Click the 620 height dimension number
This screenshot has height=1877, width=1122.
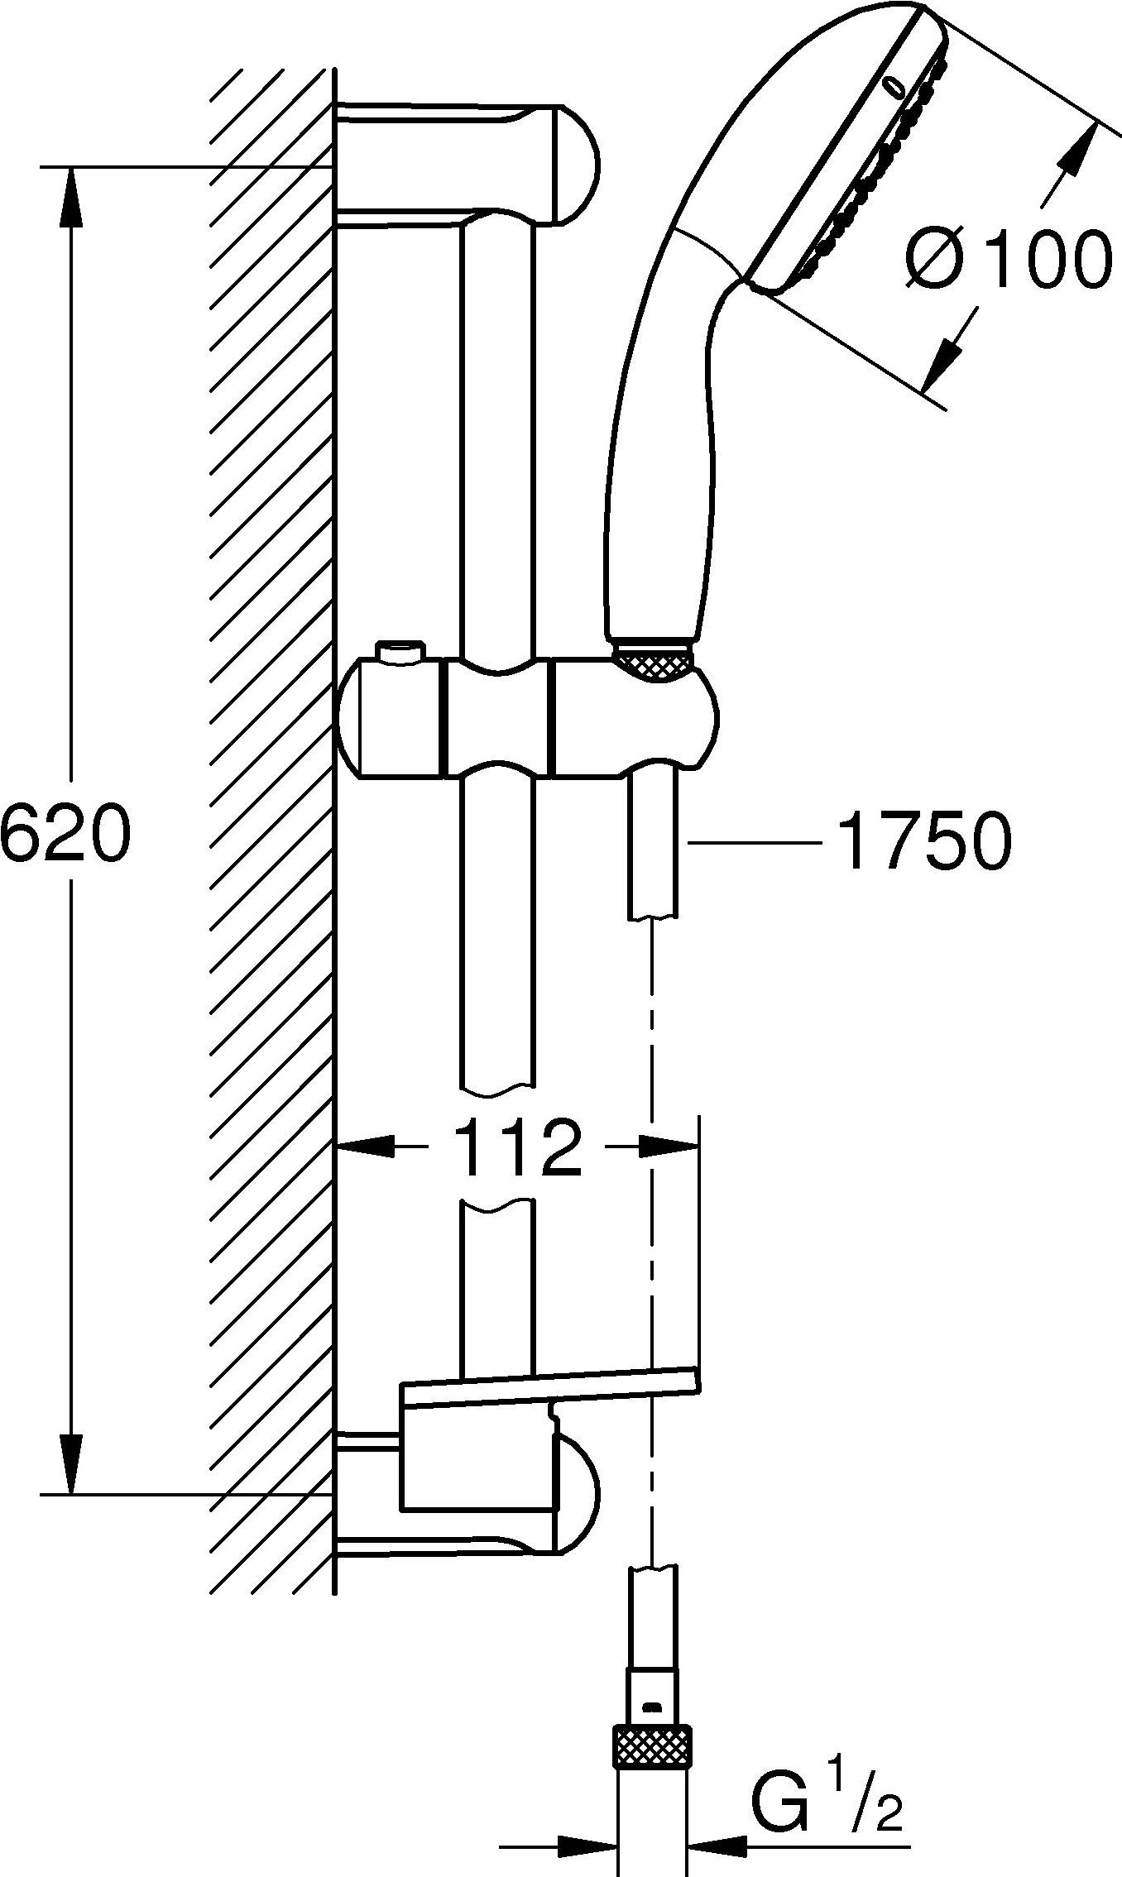65,832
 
